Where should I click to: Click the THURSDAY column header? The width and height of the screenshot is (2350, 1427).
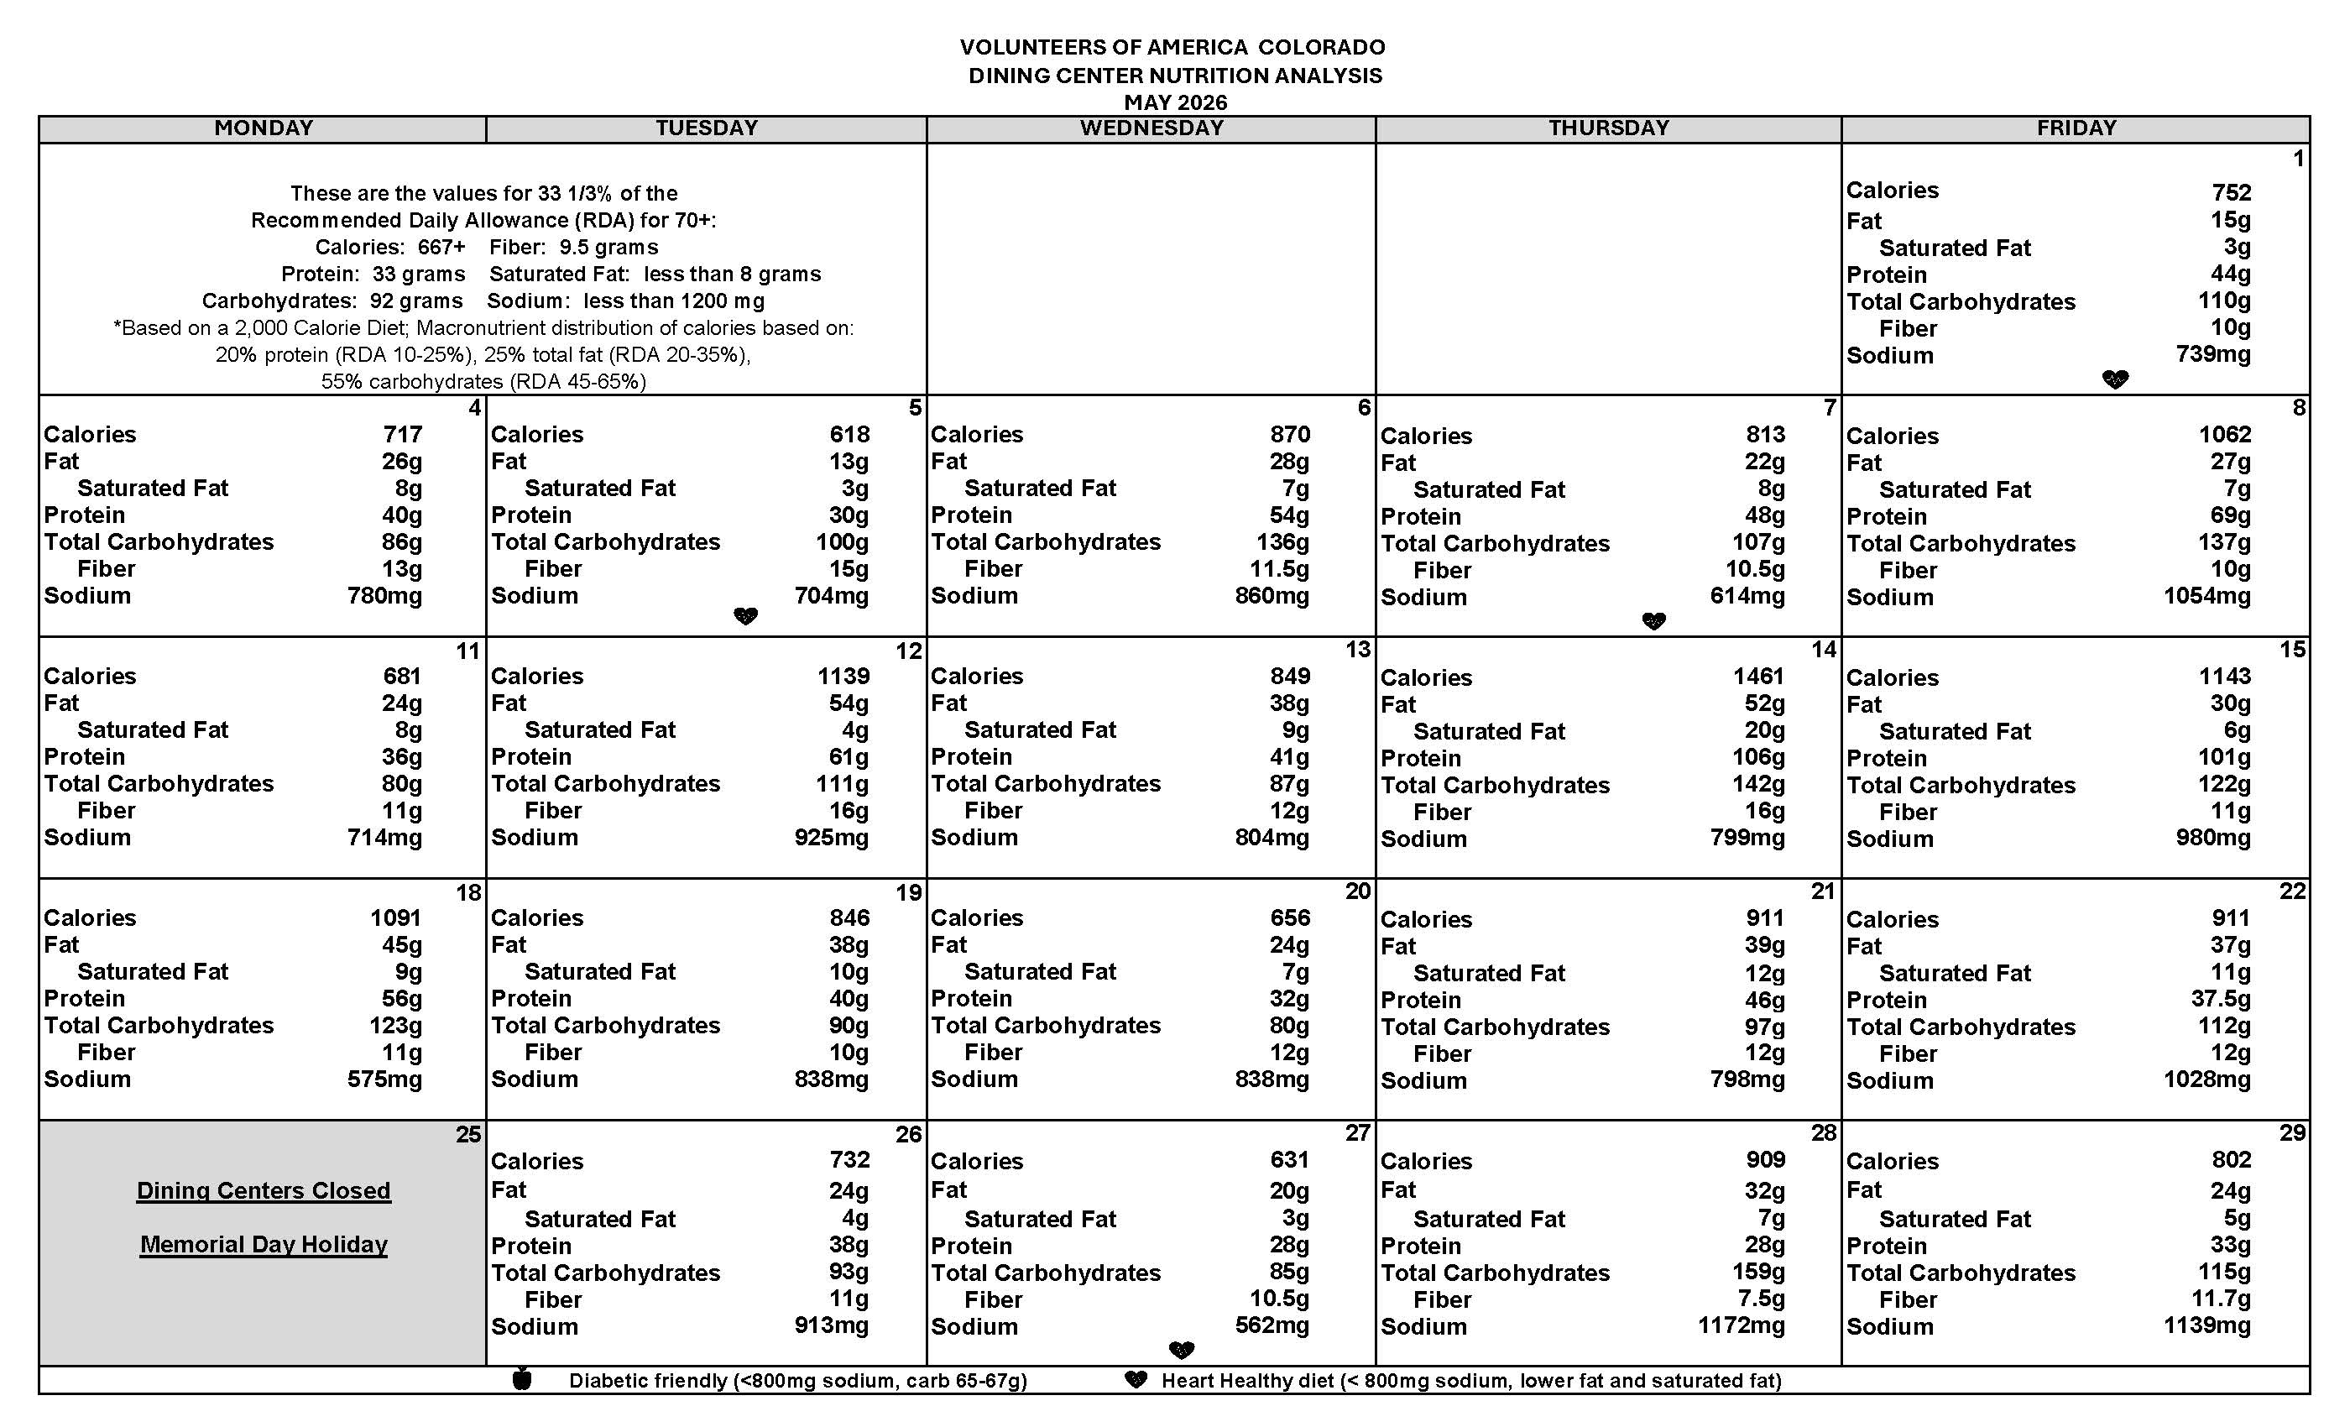pos(1608,128)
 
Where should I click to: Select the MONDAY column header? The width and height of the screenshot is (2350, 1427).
pos(264,128)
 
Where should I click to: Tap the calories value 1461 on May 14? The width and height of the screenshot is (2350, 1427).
pos(1757,677)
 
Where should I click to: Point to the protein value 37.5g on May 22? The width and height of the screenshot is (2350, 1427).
pos(2220,999)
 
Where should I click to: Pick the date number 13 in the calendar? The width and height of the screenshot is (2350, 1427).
pos(1357,650)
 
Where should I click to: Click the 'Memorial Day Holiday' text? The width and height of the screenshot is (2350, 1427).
pos(264,1244)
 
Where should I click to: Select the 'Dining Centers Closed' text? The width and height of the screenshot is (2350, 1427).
pos(264,1190)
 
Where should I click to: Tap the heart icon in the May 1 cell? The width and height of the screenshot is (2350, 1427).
pos(2114,379)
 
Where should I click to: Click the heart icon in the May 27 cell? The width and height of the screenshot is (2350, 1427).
pos(1181,1350)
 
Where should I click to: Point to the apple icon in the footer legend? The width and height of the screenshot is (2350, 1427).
pos(522,1379)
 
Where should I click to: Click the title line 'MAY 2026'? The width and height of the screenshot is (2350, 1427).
pos(1175,102)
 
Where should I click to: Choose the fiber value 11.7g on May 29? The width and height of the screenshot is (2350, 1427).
pos(2220,1299)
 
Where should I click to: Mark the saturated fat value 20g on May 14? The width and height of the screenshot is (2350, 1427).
pos(1764,729)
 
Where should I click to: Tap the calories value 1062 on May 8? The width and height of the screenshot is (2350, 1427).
pos(2224,435)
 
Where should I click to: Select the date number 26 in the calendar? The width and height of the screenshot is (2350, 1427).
pos(908,1134)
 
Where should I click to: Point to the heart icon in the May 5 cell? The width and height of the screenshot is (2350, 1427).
pos(745,616)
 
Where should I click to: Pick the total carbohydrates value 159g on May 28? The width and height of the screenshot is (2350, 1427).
pos(1757,1272)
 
